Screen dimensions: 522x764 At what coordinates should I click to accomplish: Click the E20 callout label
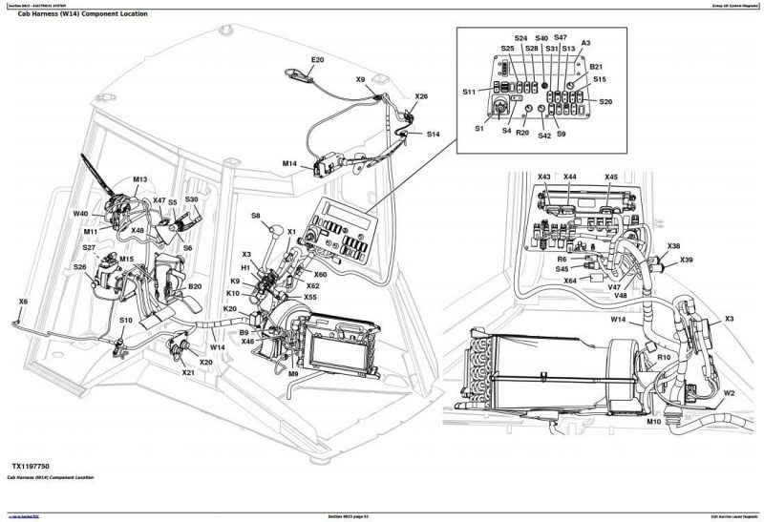point(318,61)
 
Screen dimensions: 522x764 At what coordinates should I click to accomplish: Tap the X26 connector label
point(422,96)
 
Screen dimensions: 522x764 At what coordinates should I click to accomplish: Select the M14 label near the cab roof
point(290,164)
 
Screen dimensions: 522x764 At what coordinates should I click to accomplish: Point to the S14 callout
point(433,135)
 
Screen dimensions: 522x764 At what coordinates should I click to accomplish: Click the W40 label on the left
point(81,214)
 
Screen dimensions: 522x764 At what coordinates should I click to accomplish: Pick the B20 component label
point(195,286)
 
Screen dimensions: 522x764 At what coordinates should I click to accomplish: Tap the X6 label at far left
point(24,303)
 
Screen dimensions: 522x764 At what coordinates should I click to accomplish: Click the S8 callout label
point(256,217)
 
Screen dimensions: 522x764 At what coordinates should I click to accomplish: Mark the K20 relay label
point(230,309)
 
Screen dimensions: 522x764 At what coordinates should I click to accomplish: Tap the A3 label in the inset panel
point(585,43)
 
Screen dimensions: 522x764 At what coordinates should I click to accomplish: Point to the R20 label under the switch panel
point(521,135)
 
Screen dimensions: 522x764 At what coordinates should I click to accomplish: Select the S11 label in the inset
point(469,92)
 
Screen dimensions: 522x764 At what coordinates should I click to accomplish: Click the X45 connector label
point(611,177)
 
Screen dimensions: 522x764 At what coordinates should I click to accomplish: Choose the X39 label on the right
point(687,261)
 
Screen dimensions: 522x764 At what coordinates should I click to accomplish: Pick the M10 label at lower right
point(653,421)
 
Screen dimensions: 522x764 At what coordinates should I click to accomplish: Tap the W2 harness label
point(728,392)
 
